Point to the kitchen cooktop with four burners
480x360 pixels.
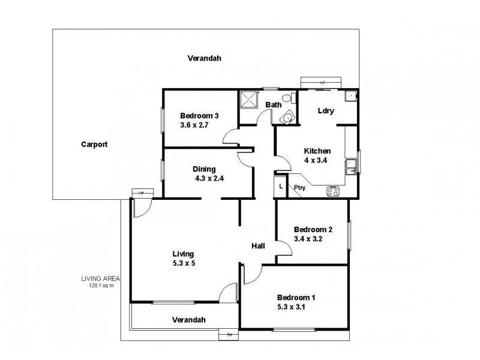334,191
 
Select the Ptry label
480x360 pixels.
299,188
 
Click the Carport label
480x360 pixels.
95,145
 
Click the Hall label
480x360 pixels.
259,245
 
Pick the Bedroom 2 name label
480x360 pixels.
313,229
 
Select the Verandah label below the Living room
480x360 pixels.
188,319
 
